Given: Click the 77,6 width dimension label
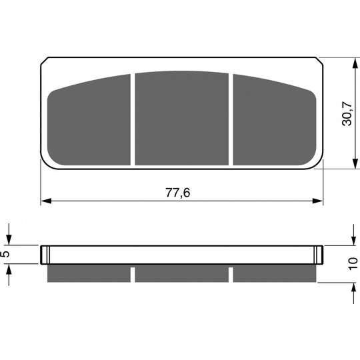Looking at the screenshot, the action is click(178, 193).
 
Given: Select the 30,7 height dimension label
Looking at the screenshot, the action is click(347, 113).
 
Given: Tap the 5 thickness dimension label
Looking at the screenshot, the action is click(5, 254).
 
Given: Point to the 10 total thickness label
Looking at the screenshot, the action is click(353, 264).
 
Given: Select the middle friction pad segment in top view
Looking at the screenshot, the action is click(181, 118).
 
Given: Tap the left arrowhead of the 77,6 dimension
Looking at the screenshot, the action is click(46, 201).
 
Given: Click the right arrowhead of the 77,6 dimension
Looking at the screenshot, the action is click(318, 201).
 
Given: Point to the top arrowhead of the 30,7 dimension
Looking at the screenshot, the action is click(355, 63).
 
